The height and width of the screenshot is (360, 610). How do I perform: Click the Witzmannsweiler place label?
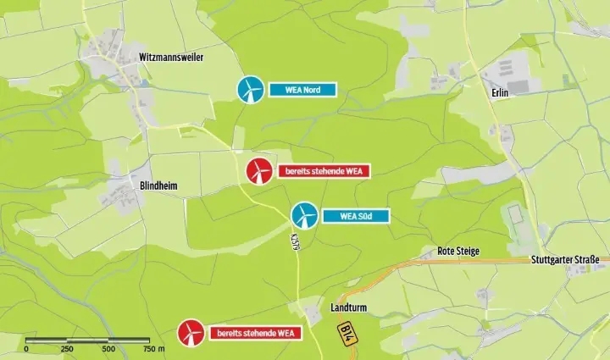(x=177, y=57)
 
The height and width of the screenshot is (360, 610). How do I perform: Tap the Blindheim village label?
(x=158, y=186)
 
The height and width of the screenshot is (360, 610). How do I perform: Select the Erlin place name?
(x=498, y=93)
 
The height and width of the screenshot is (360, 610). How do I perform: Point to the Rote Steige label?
(x=458, y=251)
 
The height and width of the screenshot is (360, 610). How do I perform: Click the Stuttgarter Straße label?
(x=565, y=259)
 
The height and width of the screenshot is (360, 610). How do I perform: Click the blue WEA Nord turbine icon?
(x=249, y=89)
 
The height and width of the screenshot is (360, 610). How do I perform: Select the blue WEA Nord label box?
(x=302, y=89)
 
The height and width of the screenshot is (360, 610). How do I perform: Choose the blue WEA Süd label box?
(x=356, y=215)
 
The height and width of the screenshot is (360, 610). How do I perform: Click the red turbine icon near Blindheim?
(x=258, y=171)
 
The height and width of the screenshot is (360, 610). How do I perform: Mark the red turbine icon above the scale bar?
(x=191, y=332)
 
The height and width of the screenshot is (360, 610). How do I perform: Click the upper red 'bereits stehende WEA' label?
(x=324, y=171)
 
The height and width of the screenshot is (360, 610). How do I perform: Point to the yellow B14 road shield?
(x=347, y=332)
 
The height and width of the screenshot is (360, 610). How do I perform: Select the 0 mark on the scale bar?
(x=26, y=348)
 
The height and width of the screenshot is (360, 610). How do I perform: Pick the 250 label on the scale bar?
(x=67, y=348)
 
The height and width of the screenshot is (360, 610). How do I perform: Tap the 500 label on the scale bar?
(x=108, y=348)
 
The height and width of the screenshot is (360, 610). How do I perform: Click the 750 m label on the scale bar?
(x=152, y=348)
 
